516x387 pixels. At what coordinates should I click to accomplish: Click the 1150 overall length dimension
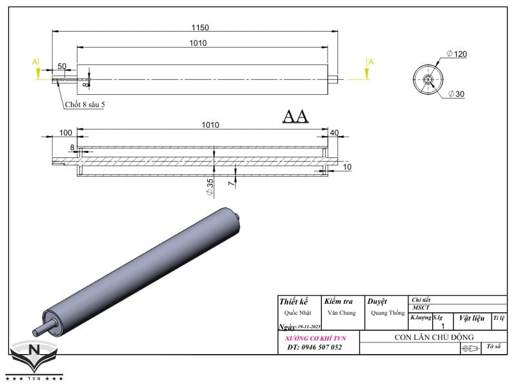(x=200, y=28)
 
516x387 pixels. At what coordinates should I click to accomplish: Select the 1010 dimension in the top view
(x=198, y=43)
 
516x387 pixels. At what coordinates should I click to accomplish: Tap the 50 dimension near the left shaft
(x=62, y=66)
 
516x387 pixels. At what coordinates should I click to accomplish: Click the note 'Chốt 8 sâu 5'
(x=84, y=104)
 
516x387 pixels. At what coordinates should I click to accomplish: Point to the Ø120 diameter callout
(x=456, y=54)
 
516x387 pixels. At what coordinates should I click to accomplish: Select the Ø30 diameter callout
(x=456, y=95)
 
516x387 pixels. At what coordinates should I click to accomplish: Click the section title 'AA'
(x=295, y=116)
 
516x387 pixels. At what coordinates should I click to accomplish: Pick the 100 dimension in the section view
(x=66, y=132)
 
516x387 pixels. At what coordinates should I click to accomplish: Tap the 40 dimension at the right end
(x=333, y=132)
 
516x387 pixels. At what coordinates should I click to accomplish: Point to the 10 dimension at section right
(x=348, y=167)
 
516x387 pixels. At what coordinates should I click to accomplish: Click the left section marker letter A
(x=36, y=62)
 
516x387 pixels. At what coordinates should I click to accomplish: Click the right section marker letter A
(x=370, y=62)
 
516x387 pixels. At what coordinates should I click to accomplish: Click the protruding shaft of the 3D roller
(x=41, y=328)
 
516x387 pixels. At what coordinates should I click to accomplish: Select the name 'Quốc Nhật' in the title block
(x=293, y=313)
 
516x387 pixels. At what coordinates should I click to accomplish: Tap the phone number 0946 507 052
(x=314, y=347)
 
